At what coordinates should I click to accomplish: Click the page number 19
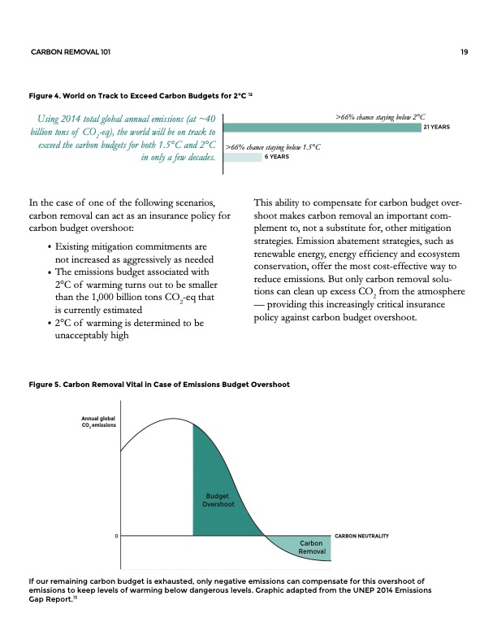tap(463, 53)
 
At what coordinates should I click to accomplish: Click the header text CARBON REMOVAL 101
tap(69, 53)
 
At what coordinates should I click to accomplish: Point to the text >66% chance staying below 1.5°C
tap(273, 147)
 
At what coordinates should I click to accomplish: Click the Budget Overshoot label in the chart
tap(217, 499)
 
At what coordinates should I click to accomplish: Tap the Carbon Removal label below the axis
tap(312, 547)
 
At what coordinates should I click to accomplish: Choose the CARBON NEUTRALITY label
tap(361, 537)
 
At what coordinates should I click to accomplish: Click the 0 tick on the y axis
tap(117, 537)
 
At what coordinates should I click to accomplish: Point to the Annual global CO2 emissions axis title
tap(97, 421)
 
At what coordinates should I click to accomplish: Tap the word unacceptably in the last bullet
tap(89, 337)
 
